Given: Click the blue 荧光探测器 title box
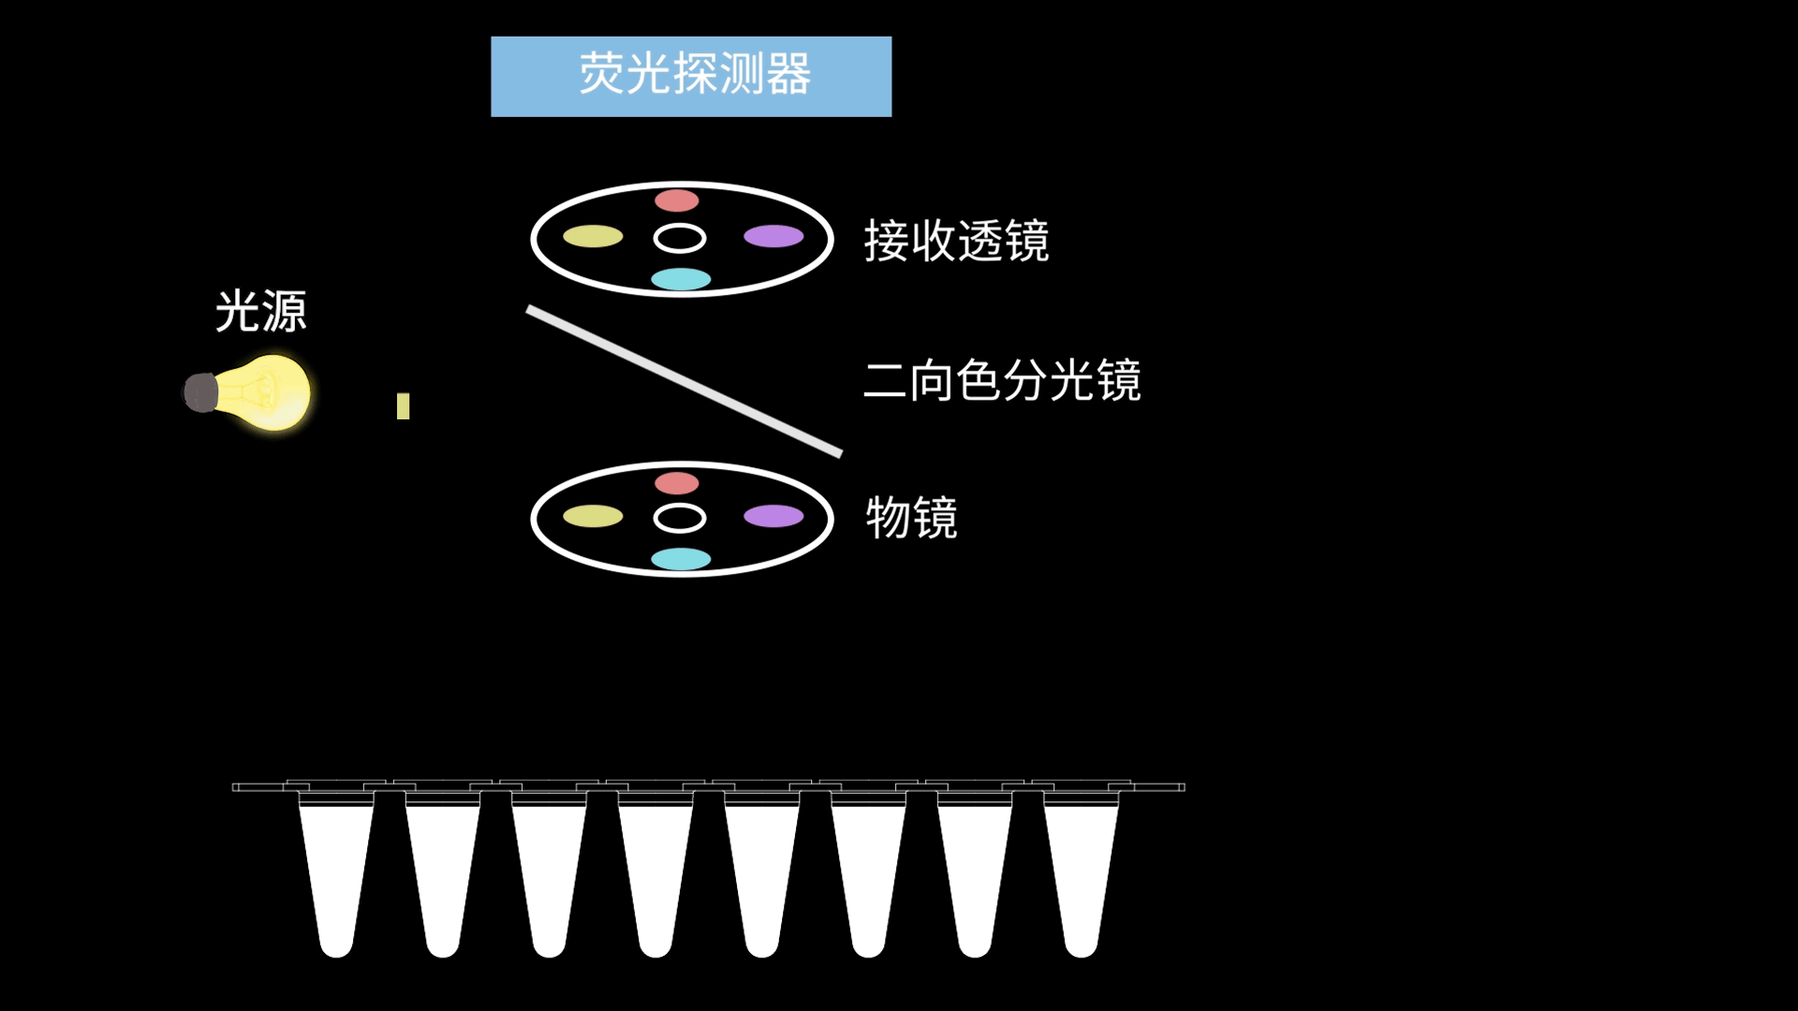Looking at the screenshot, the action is coord(691,77).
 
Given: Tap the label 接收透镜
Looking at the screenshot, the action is coord(956,241).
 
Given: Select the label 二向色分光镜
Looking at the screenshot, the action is coord(1002,380).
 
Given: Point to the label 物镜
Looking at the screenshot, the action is coord(911,518).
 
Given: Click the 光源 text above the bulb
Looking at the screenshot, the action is coord(261,311).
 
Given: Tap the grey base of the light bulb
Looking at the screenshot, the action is coord(201,392).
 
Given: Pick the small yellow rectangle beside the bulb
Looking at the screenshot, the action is coord(404,406).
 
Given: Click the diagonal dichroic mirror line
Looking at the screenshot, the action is coord(685,381).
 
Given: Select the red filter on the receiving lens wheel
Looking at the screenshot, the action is coord(677,200).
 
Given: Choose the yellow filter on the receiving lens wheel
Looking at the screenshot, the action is coord(593,237).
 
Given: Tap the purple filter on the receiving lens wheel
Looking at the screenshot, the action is coord(774,237).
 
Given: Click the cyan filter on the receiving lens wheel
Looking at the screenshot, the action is coord(681,279).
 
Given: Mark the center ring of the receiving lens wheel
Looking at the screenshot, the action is coord(680,225).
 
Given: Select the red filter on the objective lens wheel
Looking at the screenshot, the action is coord(677,483).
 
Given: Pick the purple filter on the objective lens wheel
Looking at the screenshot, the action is coord(774,517).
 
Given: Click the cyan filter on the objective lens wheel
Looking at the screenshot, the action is coord(681,559).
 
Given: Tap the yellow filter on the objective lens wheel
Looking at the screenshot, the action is coord(593,517).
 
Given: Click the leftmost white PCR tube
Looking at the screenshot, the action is coord(336,875).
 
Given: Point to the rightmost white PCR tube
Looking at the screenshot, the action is coord(1082,875).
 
